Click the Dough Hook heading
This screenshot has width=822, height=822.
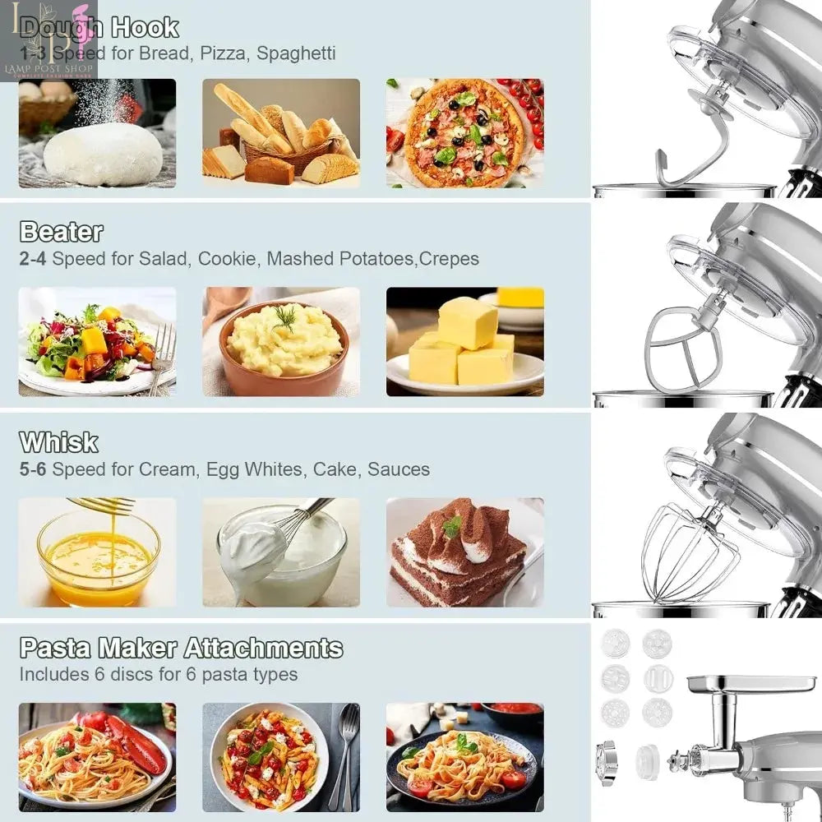(99, 28)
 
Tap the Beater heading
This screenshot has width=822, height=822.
(61, 232)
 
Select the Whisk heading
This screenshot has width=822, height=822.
(58, 442)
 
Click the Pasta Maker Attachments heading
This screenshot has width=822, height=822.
(181, 648)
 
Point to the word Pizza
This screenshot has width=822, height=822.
(219, 53)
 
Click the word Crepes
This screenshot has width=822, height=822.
(449, 259)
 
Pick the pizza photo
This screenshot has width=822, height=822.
(464, 132)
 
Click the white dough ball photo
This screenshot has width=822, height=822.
(97, 133)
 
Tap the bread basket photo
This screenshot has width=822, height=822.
(280, 133)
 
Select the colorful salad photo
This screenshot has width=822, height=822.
(97, 342)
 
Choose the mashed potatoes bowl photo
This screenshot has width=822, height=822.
(280, 342)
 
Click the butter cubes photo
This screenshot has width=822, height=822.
(464, 342)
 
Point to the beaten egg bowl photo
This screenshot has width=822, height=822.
(97, 552)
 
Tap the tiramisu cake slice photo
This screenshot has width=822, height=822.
(464, 552)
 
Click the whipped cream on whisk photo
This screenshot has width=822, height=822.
(280, 552)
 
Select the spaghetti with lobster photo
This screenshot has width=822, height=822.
(97, 757)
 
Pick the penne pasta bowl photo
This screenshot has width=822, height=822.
(280, 757)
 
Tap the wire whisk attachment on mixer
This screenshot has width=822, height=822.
(682, 554)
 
